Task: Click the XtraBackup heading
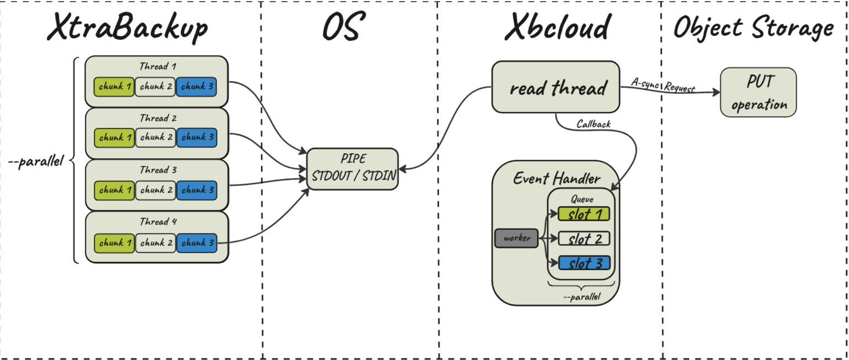127,27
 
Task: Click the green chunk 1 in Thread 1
114,87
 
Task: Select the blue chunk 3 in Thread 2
197,137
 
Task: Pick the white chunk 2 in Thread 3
156,190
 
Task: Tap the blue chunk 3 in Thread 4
197,243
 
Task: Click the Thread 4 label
158,222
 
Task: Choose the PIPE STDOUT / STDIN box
352,168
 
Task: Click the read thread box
555,87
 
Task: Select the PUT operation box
758,92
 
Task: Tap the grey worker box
516,238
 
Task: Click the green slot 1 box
584,214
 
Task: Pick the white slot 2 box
584,239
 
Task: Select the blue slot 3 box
584,263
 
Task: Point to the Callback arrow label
593,124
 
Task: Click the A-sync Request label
663,85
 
